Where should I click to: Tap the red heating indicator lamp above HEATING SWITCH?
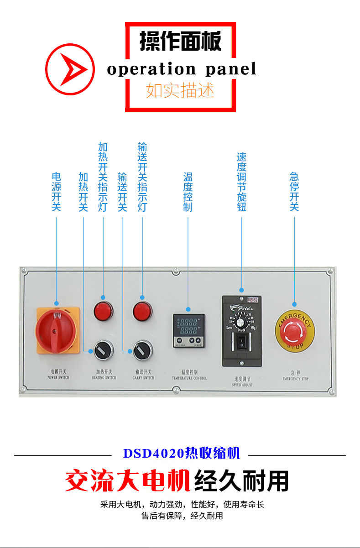tap(103, 312)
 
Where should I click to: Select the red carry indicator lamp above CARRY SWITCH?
tap(142, 312)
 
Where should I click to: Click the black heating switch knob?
tap(103, 350)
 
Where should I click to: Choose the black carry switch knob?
tap(142, 350)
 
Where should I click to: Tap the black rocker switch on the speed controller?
tap(241, 343)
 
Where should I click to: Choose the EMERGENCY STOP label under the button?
tap(295, 376)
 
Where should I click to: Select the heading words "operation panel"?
tap(181, 69)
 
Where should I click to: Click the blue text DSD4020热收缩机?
tap(181, 454)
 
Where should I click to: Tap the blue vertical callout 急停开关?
tap(294, 192)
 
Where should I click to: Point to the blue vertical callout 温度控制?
tap(188, 192)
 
